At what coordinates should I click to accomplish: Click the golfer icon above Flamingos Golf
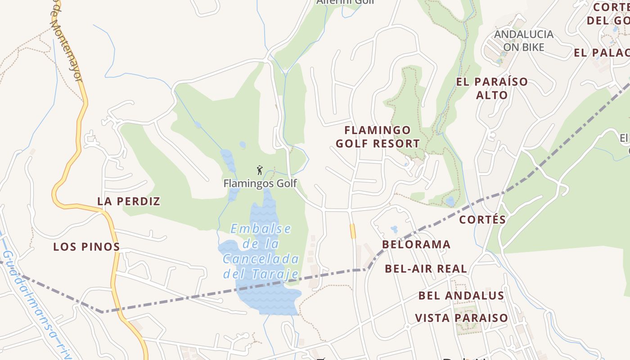coord(259,170)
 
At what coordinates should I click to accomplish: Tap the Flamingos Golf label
coord(260,184)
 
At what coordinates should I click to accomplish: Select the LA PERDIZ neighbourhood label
coord(129,201)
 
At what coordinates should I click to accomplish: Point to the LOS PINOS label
coord(86,247)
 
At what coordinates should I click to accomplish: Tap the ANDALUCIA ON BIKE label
coord(523,40)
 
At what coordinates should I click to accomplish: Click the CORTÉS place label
coord(482,220)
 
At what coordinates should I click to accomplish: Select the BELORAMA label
coord(416,244)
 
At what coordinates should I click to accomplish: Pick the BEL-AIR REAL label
coord(426,269)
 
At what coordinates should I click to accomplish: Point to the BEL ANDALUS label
coord(461,295)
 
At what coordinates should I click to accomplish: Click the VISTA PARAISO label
coord(461,318)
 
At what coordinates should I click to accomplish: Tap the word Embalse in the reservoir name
coord(261,229)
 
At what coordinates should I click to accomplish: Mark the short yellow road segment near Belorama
coord(353,231)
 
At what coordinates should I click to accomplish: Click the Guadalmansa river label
coord(36,306)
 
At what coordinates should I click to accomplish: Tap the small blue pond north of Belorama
coord(394,229)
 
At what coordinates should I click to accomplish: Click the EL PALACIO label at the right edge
coord(601,53)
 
